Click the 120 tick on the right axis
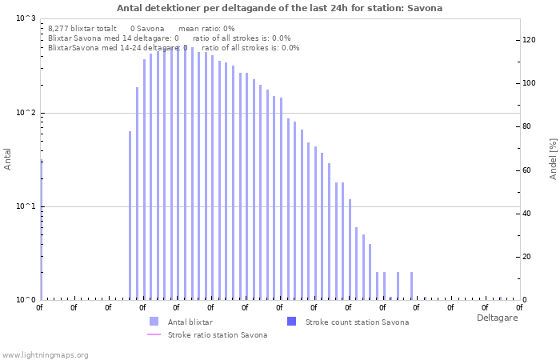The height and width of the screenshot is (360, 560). [x=530, y=40]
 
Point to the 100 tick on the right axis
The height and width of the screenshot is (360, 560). [x=530, y=83]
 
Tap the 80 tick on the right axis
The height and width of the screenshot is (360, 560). [x=528, y=126]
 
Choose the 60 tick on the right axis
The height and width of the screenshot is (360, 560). [x=528, y=170]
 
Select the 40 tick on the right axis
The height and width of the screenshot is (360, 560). [x=528, y=214]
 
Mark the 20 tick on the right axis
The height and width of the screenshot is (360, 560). [x=528, y=257]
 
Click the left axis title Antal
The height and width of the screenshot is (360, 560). [x=8, y=159]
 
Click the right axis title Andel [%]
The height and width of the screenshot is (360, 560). [x=553, y=158]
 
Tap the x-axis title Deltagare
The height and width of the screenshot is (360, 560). [x=497, y=318]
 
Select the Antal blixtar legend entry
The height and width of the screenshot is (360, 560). [x=190, y=322]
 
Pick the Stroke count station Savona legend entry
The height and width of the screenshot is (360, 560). [x=357, y=322]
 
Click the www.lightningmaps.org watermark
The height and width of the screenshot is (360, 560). [x=46, y=354]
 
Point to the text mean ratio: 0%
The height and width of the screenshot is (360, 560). [x=206, y=28]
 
